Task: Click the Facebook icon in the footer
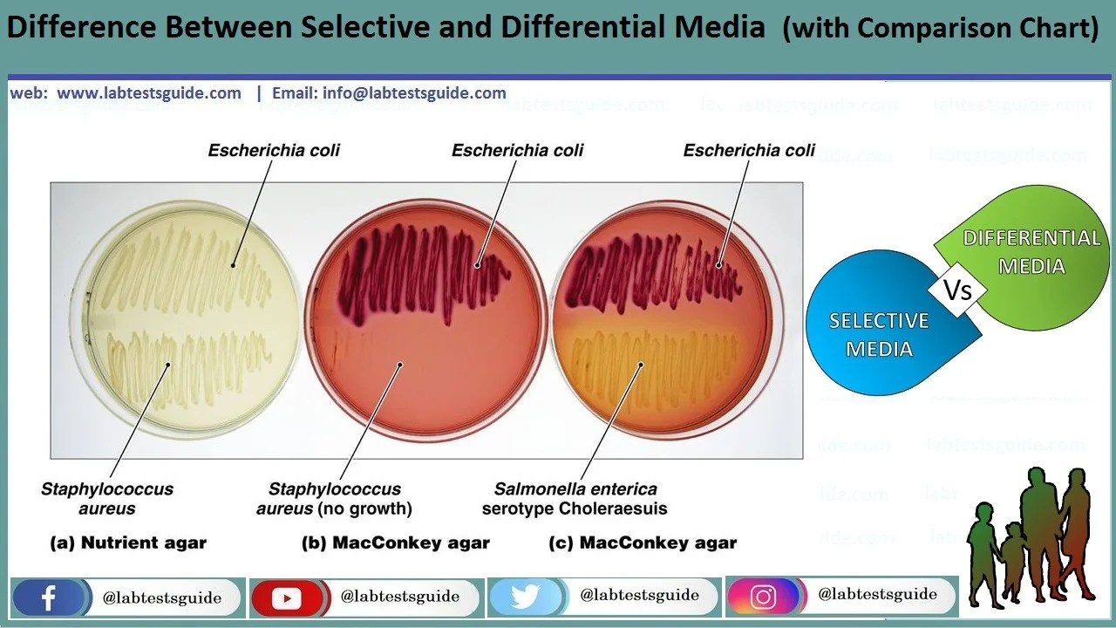point(48,597)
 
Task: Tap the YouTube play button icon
point(286,598)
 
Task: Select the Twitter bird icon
point(525,597)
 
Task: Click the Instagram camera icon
point(763,597)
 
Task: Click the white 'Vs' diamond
point(958,289)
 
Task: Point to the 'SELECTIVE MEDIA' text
point(879,335)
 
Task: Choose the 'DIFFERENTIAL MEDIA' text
point(1031,251)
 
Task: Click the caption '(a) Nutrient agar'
point(129,543)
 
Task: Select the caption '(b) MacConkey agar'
point(396,543)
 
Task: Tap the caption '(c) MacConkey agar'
point(643,543)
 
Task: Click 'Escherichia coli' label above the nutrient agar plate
point(274,151)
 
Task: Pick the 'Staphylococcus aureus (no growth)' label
point(335,499)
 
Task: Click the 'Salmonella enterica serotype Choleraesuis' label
point(575,499)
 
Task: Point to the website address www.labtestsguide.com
point(148,93)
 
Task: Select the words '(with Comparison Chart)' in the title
point(941,28)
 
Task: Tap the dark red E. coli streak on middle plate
point(410,262)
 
